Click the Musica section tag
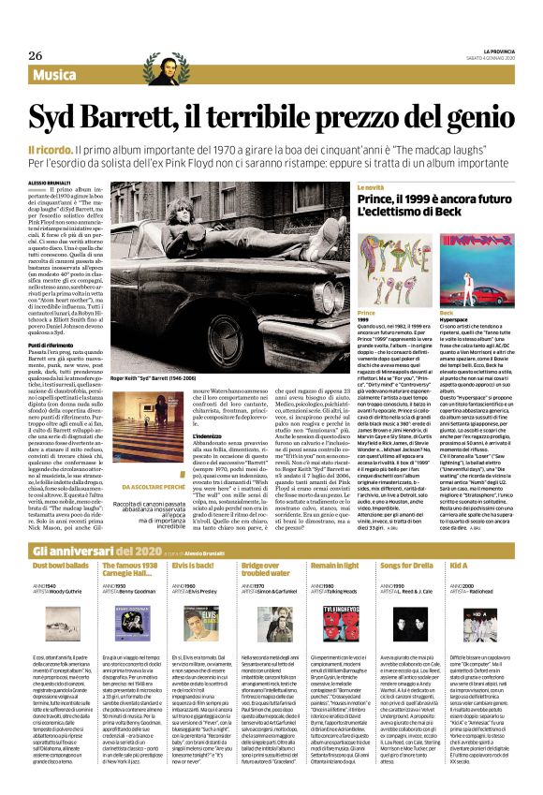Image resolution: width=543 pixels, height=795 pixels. point(60,74)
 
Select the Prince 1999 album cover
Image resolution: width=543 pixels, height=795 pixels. point(393,270)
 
